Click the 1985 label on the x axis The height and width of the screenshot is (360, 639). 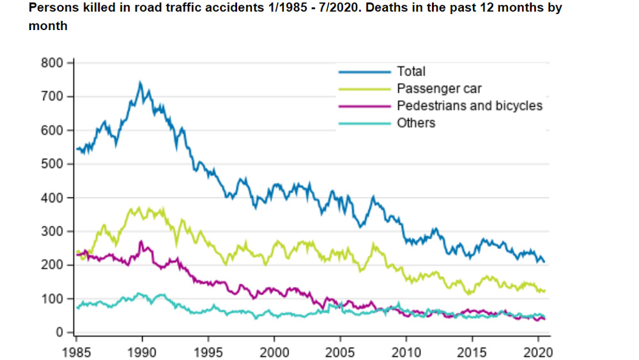pyautogui.click(x=75, y=351)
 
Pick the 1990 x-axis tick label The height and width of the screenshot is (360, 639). pyautogui.click(x=141, y=351)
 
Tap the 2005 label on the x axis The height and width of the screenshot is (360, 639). pyautogui.click(x=339, y=351)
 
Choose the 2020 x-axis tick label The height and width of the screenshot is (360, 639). pyautogui.click(x=537, y=351)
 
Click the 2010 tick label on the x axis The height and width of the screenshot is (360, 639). pyautogui.click(x=405, y=351)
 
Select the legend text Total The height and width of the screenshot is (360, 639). pyautogui.click(x=411, y=72)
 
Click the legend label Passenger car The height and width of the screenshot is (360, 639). pyautogui.click(x=439, y=89)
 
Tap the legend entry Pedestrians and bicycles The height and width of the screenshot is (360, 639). pyautogui.click(x=470, y=106)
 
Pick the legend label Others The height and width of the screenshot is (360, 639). pyautogui.click(x=416, y=123)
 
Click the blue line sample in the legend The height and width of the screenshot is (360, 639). pyautogui.click(x=364, y=72)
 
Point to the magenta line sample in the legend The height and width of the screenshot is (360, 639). pyautogui.click(x=364, y=106)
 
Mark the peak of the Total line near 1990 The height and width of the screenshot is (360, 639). pyautogui.click(x=141, y=82)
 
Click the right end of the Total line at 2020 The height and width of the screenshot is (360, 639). pyautogui.click(x=544, y=262)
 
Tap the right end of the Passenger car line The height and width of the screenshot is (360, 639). pyautogui.click(x=544, y=291)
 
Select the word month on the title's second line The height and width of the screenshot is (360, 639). pyautogui.click(x=48, y=26)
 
